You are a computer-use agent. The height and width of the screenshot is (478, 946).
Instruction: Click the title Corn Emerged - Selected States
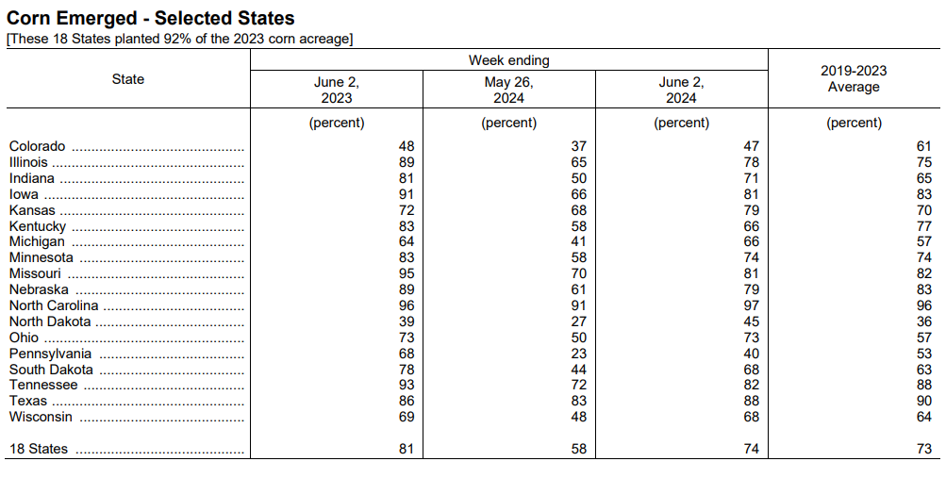pyautogui.click(x=150, y=18)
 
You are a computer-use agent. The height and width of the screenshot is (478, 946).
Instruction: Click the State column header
pyautogui.click(x=128, y=79)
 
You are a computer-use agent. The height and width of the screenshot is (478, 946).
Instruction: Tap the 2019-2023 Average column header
pyautogui.click(x=854, y=79)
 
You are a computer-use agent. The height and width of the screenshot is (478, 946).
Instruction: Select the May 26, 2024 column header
pyautogui.click(x=508, y=90)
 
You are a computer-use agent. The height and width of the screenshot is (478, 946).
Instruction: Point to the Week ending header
pyautogui.click(x=508, y=60)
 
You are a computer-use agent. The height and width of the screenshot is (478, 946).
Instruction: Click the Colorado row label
pyautogui.click(x=37, y=146)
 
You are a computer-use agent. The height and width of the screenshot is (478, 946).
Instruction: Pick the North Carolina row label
pyautogui.click(x=54, y=305)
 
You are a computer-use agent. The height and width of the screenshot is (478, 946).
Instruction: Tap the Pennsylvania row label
pyautogui.click(x=50, y=354)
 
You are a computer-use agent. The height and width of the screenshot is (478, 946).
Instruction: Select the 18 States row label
pyautogui.click(x=39, y=449)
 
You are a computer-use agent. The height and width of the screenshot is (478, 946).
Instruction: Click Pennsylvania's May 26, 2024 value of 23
pyautogui.click(x=578, y=354)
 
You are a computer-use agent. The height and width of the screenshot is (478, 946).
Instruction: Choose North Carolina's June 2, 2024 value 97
pyautogui.click(x=751, y=305)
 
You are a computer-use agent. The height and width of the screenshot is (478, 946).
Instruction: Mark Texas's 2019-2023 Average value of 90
pyautogui.click(x=923, y=401)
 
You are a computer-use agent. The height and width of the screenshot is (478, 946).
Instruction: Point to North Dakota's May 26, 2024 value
pyautogui.click(x=578, y=321)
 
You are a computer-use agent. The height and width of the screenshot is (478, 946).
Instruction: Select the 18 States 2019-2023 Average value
pyautogui.click(x=923, y=449)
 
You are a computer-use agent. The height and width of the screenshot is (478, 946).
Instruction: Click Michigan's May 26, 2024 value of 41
pyautogui.click(x=578, y=241)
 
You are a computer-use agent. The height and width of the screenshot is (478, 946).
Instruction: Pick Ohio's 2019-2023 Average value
pyautogui.click(x=923, y=338)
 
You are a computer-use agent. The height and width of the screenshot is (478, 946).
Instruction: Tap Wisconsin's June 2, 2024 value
pyautogui.click(x=751, y=417)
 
